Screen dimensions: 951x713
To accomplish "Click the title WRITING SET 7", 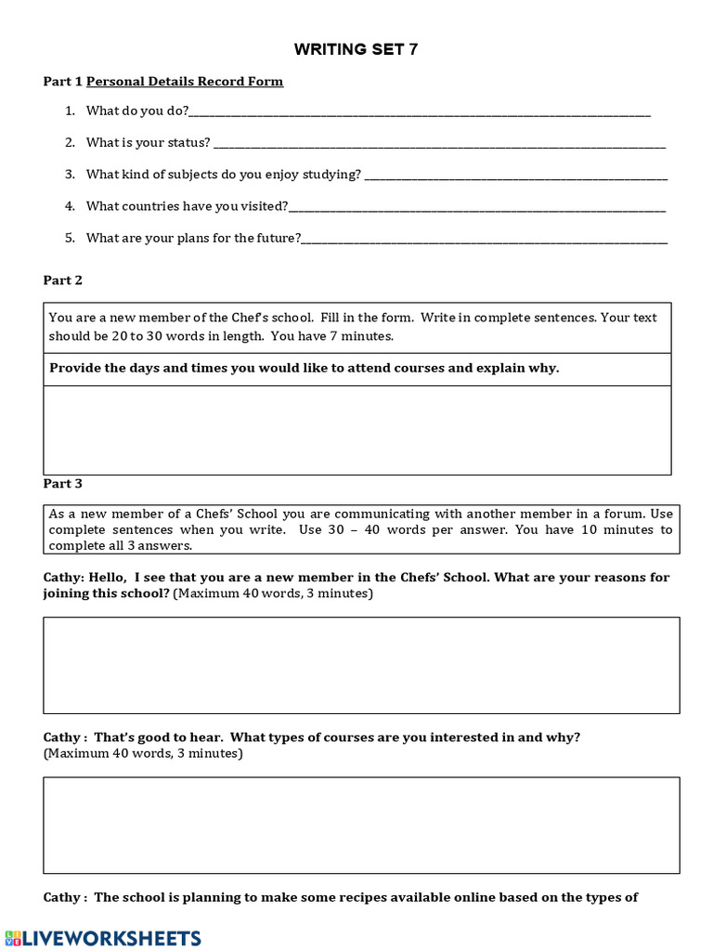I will tap(356, 49).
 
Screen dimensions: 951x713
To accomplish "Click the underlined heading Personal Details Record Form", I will tap(185, 82).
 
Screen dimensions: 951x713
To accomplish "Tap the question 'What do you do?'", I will tap(137, 111).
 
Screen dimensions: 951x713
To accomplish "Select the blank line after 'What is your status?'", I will tap(439, 145).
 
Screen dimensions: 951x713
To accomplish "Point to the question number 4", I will tap(70, 206).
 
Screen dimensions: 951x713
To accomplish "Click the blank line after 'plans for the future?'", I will tap(485, 241).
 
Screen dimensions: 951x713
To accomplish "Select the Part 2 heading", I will tap(63, 280).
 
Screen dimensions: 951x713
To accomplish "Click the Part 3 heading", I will tap(63, 484).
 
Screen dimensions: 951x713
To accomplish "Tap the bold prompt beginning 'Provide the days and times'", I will tap(305, 368).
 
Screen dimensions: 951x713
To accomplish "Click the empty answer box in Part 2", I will tap(356, 430).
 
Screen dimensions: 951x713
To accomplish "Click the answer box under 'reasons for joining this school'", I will tap(361, 665).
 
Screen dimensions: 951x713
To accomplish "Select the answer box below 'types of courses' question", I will tap(361, 825).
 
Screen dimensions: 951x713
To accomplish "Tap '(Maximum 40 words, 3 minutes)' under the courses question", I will tap(144, 754).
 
